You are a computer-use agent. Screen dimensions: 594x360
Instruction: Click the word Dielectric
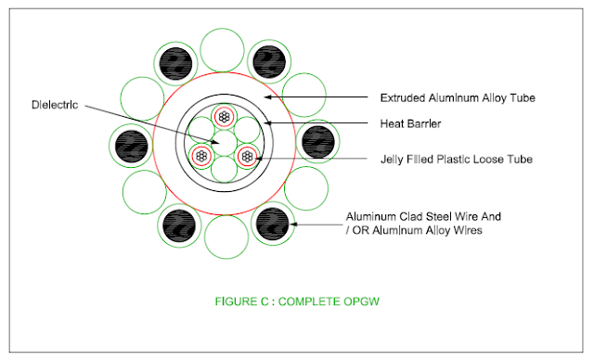click(x=55, y=105)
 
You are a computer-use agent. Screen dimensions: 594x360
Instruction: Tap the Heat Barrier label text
click(x=410, y=123)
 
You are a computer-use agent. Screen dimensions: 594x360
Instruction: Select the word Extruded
click(x=402, y=98)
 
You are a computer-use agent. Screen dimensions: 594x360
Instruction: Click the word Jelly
click(x=392, y=160)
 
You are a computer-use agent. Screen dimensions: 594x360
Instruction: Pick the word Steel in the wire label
click(x=439, y=216)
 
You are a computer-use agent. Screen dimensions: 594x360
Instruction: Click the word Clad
click(x=411, y=216)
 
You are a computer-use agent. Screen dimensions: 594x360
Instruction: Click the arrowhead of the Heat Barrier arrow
click(x=266, y=122)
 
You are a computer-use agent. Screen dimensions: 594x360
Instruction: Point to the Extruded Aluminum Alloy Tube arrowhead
click(x=267, y=96)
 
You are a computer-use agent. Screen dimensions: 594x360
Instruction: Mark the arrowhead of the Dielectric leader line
click(x=215, y=142)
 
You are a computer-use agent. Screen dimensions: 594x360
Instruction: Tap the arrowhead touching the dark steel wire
click(x=292, y=225)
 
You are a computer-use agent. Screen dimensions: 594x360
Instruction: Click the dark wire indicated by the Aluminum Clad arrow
click(x=272, y=224)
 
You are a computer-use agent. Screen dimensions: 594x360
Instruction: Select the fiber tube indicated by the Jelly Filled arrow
click(x=247, y=156)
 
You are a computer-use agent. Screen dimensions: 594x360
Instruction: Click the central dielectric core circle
click(x=225, y=143)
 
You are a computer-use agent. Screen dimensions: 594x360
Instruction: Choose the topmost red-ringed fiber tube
click(x=225, y=117)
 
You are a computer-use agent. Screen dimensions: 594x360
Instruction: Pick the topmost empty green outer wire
click(x=223, y=50)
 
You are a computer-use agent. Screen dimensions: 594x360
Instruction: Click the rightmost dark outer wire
click(x=318, y=142)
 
